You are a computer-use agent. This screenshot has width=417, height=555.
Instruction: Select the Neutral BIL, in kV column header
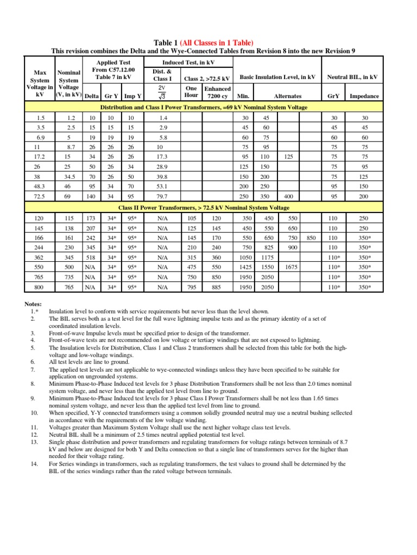(x=351, y=77)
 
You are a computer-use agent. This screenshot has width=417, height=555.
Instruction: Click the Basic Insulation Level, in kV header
(x=277, y=77)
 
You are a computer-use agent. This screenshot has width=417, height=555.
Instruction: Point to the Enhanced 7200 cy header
(x=217, y=92)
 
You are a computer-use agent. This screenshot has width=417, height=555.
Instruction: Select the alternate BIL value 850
(x=311, y=237)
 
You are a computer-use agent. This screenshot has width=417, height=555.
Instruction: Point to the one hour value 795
(x=191, y=287)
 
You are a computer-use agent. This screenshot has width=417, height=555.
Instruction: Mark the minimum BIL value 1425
(x=246, y=267)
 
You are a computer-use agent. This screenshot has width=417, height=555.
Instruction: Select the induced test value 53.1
(x=162, y=186)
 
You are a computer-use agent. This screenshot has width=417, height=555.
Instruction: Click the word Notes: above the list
(x=33, y=305)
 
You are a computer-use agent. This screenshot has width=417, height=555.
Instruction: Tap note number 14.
(x=34, y=464)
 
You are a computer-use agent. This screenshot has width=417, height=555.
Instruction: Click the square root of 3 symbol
(x=161, y=96)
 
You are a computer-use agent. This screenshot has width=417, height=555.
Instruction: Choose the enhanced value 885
(x=217, y=287)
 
